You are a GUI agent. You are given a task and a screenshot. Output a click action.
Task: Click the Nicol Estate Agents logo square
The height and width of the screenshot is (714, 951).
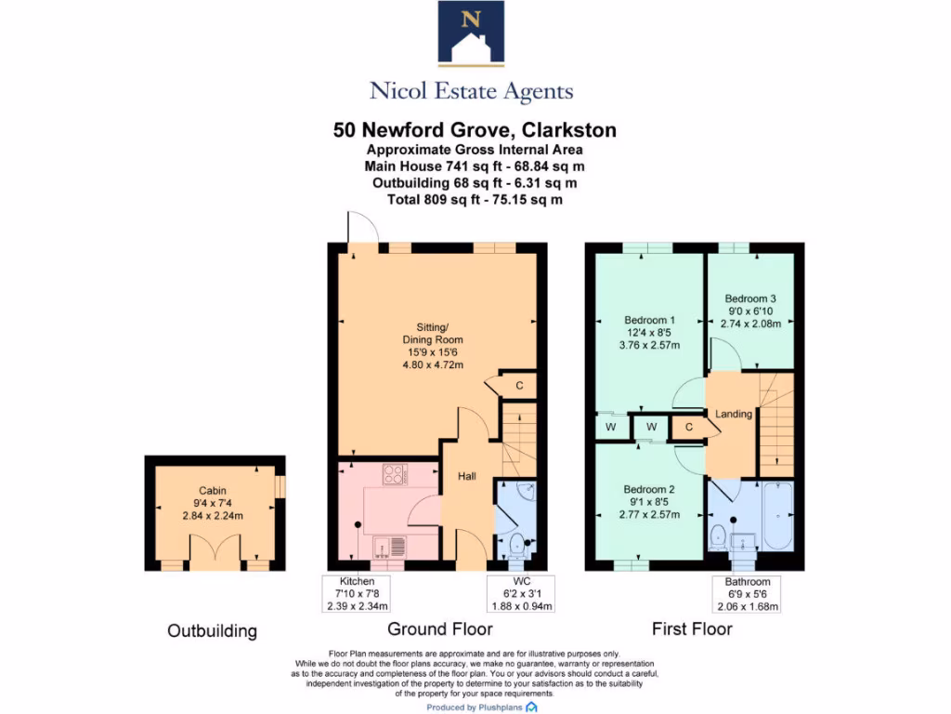tap(471, 33)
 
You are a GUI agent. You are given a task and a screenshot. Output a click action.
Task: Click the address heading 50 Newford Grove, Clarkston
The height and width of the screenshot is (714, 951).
tap(475, 130)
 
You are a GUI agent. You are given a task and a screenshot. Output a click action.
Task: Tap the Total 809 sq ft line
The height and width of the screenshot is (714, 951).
tap(475, 199)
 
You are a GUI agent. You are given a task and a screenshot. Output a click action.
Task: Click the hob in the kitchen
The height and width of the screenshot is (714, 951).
tap(394, 475)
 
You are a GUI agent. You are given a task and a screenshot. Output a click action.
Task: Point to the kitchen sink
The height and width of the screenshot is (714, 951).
tap(387, 546)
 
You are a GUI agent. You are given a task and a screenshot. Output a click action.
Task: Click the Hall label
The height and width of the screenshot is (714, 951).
tap(466, 477)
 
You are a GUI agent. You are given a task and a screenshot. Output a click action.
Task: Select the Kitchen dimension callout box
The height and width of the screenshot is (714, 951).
tap(350, 593)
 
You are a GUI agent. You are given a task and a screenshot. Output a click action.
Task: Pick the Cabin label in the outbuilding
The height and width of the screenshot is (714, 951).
tap(213, 491)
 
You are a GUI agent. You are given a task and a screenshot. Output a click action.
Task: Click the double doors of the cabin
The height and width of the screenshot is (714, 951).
tap(214, 549)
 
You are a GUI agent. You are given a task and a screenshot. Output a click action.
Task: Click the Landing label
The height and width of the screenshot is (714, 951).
tap(734, 414)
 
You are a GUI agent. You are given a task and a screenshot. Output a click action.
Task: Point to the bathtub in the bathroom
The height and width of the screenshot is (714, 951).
tap(776, 516)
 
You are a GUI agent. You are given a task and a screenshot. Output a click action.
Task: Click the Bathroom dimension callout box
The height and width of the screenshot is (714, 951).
tap(748, 593)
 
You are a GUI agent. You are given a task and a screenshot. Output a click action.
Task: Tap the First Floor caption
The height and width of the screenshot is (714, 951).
tap(692, 629)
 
